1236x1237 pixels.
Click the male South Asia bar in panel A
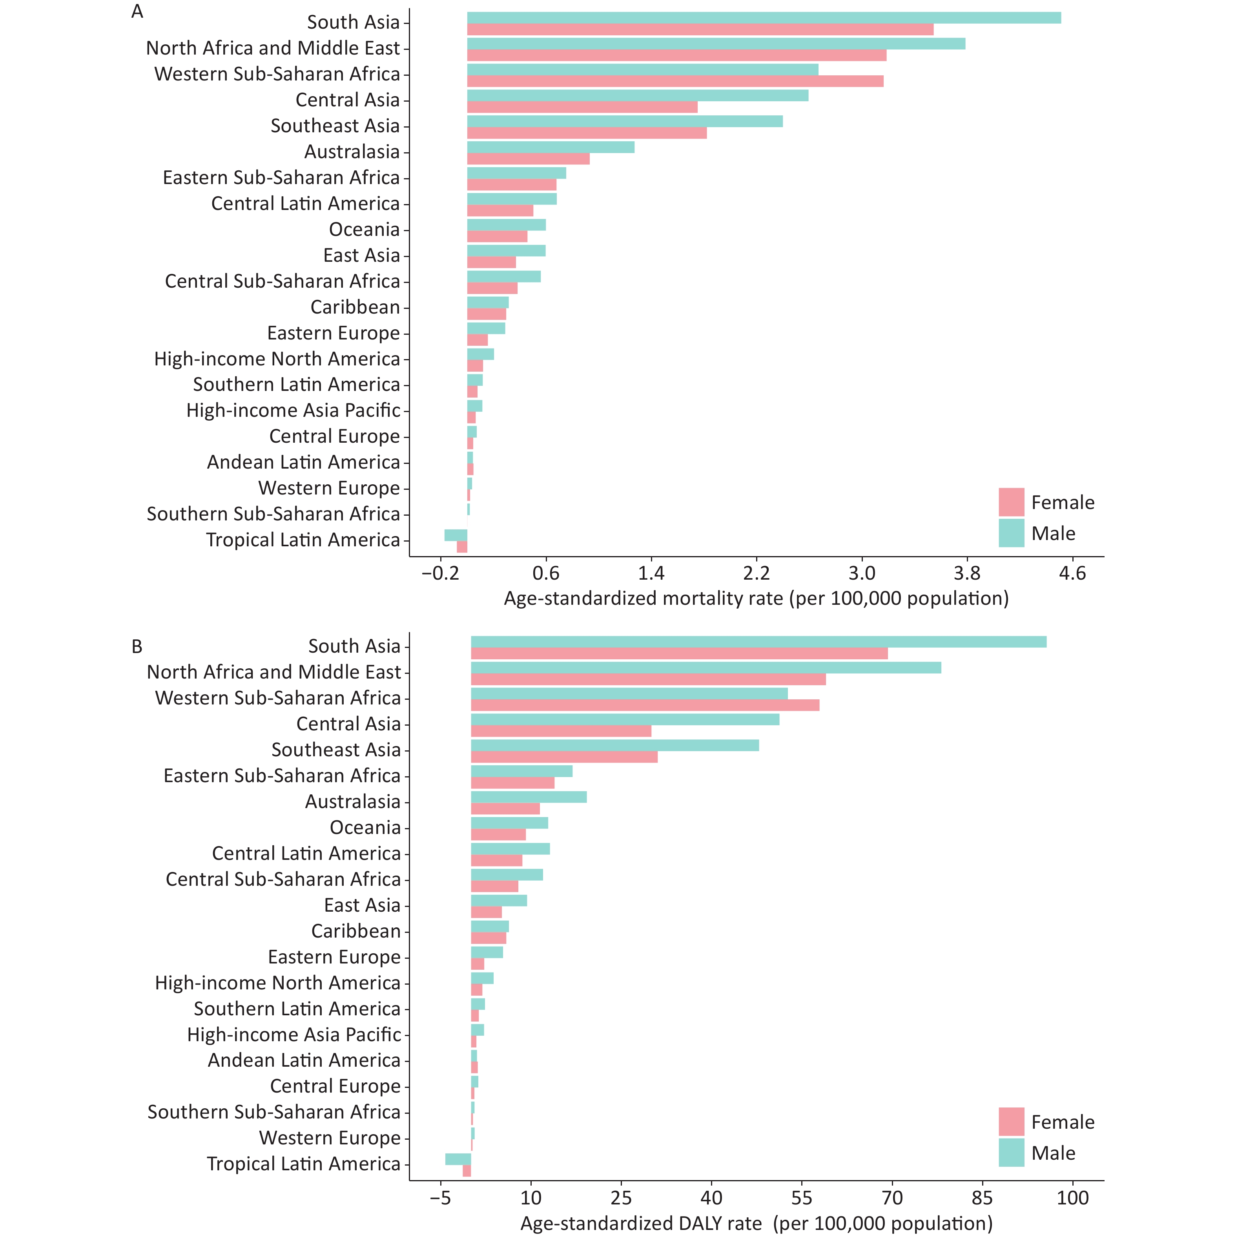tap(764, 18)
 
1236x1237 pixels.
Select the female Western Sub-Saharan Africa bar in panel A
tap(675, 81)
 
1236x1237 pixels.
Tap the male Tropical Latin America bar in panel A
tap(456, 535)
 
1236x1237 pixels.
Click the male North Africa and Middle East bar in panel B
tap(706, 668)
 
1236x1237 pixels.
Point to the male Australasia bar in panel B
tap(529, 797)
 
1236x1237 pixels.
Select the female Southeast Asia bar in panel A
tap(587, 133)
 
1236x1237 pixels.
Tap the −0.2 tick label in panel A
tap(440, 573)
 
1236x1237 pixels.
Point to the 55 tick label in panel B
tap(801, 1197)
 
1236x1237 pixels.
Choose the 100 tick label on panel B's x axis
tap(1073, 1197)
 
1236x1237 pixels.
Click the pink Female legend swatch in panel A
tap(1011, 502)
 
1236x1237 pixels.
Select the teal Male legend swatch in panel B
tap(1011, 1153)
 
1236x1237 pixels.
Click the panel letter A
tap(137, 11)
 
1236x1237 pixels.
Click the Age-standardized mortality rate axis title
tap(757, 598)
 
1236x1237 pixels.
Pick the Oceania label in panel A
tap(364, 229)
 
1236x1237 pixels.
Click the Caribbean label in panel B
tap(356, 931)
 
